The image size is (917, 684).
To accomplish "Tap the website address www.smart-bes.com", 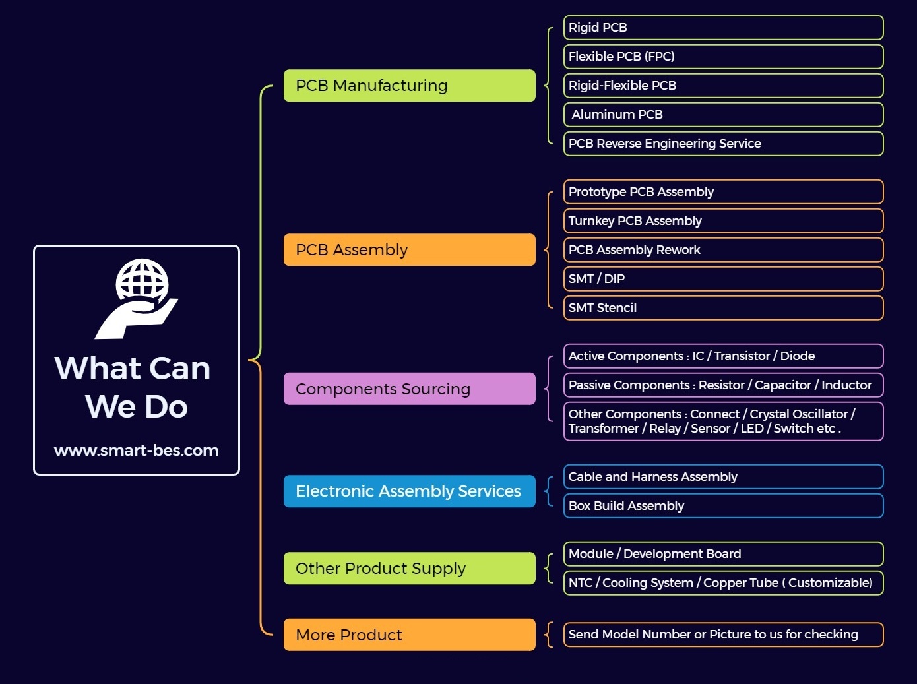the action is pos(136,450).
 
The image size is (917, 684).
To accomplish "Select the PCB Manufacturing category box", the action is pos(410,86).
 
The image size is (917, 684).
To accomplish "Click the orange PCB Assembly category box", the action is pos(410,250).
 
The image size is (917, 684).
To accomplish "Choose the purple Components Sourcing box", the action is pos(410,389).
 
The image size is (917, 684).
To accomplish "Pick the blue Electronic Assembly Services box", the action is pos(410,491).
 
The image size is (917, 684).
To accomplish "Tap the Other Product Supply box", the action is pos(410,569).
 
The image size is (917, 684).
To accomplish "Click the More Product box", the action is pos(410,635).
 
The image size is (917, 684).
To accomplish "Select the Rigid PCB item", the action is pos(724,28).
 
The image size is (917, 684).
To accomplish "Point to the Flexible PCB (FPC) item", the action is pos(724,56).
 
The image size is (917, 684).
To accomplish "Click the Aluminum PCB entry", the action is pos(724,114).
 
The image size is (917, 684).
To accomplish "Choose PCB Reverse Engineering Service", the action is pos(724,144).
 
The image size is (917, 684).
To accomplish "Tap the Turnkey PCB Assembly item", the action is pos(724,221).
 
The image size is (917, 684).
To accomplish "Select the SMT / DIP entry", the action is pos(724,279).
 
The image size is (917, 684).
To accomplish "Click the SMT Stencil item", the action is pos(724,308).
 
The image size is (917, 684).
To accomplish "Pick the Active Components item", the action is pos(724,356).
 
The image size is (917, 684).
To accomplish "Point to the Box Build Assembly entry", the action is pos(724,506).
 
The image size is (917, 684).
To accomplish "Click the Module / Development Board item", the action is pos(724,553).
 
